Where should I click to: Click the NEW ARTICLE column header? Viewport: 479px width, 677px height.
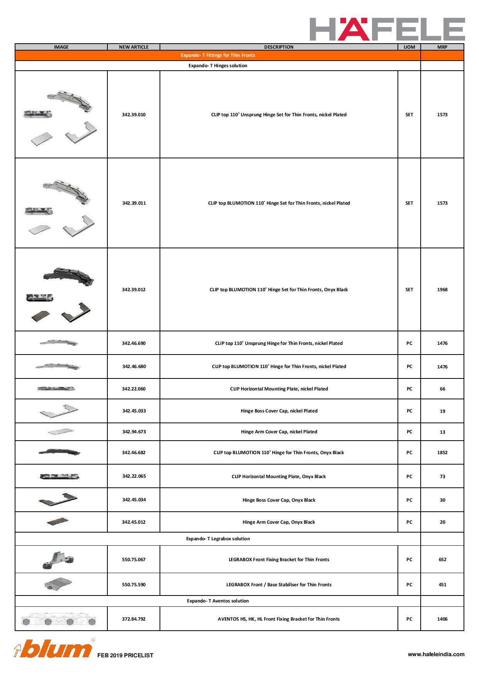pyautogui.click(x=134, y=47)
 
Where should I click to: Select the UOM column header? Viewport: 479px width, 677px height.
pyautogui.click(x=409, y=47)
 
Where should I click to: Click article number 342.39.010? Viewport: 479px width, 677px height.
pyautogui.click(x=134, y=115)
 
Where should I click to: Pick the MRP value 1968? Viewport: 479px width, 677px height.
pyautogui.click(x=442, y=290)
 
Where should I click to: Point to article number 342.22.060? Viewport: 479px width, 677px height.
pyautogui.click(x=134, y=389)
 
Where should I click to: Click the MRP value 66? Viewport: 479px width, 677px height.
pyautogui.click(x=442, y=389)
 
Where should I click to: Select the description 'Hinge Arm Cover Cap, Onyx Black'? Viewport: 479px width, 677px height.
pyautogui.click(x=279, y=522)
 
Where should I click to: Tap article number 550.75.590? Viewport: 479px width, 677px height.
pyautogui.click(x=134, y=585)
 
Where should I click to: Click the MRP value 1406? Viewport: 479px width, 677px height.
pyautogui.click(x=442, y=619)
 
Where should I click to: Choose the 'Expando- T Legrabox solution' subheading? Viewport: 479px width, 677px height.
pyautogui.click(x=218, y=539)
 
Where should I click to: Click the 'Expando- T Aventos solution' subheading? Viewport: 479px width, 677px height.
pyautogui.click(x=218, y=601)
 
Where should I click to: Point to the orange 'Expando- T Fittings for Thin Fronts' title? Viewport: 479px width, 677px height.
pyautogui.click(x=218, y=55)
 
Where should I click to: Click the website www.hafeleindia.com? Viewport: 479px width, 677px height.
pyautogui.click(x=436, y=654)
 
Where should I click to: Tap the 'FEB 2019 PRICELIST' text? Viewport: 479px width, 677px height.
pyautogui.click(x=125, y=655)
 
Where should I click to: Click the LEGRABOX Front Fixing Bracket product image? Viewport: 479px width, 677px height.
pyautogui.click(x=58, y=560)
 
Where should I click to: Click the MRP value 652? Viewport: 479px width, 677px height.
pyautogui.click(x=442, y=560)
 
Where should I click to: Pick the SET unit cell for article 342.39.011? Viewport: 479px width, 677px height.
pyautogui.click(x=409, y=203)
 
